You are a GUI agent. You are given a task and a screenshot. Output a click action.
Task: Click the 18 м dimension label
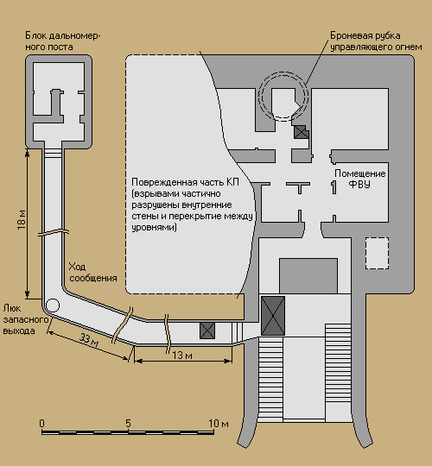[22, 220]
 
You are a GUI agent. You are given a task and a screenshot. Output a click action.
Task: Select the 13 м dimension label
[182, 356]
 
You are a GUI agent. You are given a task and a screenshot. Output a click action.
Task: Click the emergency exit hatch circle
[53, 305]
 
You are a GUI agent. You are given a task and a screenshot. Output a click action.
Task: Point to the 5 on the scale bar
[128, 423]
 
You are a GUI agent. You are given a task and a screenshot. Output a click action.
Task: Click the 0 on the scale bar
[42, 423]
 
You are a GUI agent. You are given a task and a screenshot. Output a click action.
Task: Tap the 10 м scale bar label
[219, 423]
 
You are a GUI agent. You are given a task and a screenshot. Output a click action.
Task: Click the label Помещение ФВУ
[360, 179]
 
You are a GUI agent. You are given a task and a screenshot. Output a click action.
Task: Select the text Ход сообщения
[92, 272]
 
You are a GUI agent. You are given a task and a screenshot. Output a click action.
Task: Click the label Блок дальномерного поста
[63, 41]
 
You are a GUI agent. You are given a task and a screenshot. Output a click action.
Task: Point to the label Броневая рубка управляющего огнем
[376, 41]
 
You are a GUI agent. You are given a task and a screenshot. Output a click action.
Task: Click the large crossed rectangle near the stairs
[273, 316]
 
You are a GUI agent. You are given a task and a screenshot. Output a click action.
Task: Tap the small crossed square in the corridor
[207, 331]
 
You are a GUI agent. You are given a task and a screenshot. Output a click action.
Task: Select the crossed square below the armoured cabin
[301, 132]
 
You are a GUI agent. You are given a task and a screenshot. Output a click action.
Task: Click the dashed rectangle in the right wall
[377, 253]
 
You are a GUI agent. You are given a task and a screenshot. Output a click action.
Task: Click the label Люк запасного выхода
[26, 319]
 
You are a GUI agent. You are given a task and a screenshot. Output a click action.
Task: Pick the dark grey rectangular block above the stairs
[308, 276]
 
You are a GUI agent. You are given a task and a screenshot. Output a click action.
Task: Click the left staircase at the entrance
[270, 379]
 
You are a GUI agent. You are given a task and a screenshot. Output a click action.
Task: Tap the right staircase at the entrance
[339, 372]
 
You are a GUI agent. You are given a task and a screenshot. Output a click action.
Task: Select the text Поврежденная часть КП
[185, 182]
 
